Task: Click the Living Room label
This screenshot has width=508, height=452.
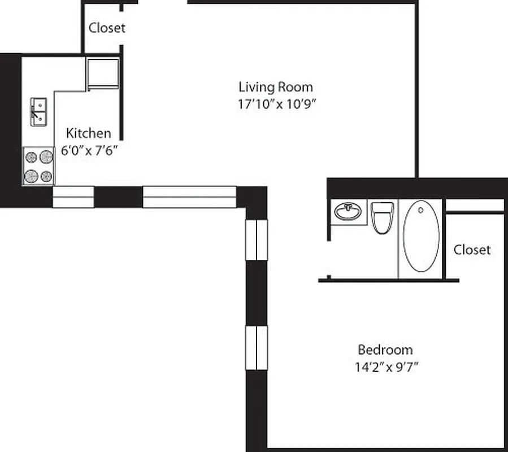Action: (x=275, y=87)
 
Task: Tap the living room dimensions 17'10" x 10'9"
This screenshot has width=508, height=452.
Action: (x=276, y=104)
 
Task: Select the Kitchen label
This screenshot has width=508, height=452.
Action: (x=89, y=133)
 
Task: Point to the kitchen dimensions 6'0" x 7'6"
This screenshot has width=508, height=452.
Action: (x=89, y=151)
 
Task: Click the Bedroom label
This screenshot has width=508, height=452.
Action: (x=385, y=349)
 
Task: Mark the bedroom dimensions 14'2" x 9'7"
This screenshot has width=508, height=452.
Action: (x=386, y=367)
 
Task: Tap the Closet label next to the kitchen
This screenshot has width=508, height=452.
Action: (x=107, y=28)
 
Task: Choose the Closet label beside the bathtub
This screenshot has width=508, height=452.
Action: (x=472, y=249)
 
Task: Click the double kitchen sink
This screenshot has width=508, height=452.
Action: (x=38, y=112)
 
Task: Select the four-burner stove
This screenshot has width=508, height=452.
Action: (x=38, y=166)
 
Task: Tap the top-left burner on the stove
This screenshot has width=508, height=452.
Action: (x=32, y=157)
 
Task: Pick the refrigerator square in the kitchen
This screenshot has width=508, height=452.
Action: (x=102, y=73)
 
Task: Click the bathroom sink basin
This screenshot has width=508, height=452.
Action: (x=348, y=212)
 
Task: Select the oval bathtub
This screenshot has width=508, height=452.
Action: (x=421, y=236)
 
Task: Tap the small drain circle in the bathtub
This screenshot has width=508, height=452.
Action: (x=420, y=210)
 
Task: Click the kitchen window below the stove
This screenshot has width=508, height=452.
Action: (x=73, y=197)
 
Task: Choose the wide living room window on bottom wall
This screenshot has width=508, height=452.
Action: (x=189, y=197)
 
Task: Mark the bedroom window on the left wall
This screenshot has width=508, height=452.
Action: (x=257, y=347)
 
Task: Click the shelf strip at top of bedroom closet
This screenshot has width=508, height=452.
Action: (x=475, y=206)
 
